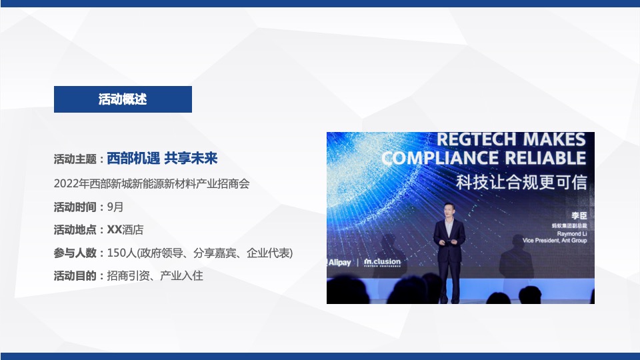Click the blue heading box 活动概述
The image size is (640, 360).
click(123, 99)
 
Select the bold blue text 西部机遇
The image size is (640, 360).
click(133, 159)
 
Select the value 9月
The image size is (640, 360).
click(115, 207)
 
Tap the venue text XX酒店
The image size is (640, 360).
click(125, 230)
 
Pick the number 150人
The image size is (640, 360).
click(121, 253)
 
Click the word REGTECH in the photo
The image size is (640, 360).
click(476, 140)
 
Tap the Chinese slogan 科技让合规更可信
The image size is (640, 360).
click(521, 181)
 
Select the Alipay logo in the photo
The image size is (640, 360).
click(339, 262)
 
